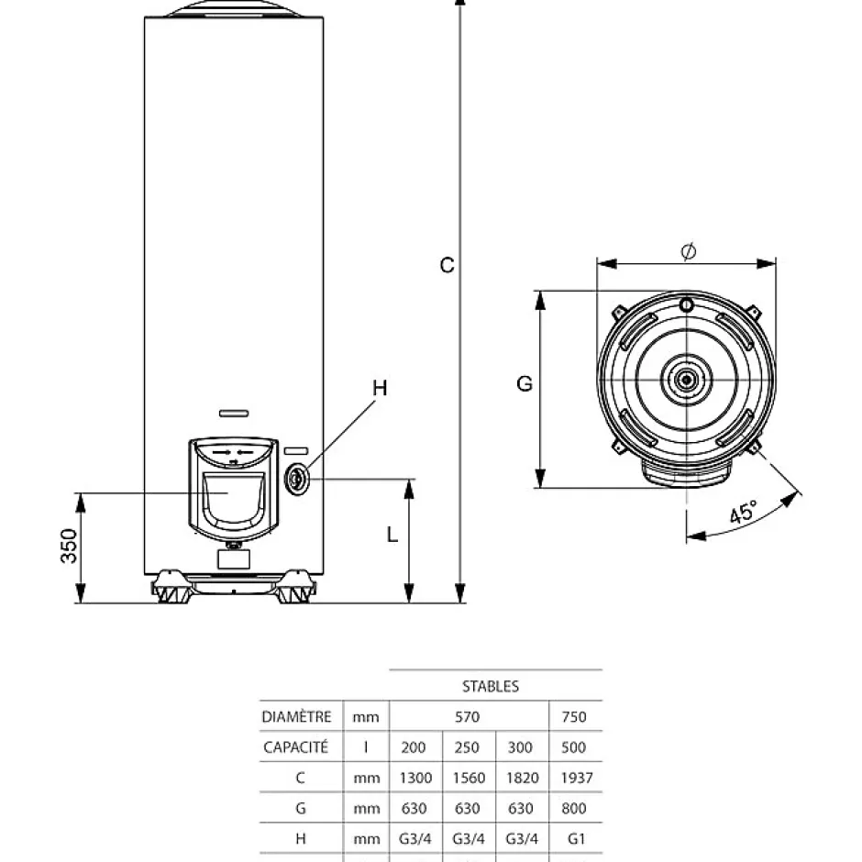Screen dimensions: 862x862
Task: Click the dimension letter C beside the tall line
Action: pyautogui.click(x=447, y=265)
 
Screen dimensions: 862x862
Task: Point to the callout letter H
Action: pyautogui.click(x=380, y=389)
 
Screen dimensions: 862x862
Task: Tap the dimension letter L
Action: pyautogui.click(x=392, y=535)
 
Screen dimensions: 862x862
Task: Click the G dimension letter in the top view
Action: pyautogui.click(x=525, y=384)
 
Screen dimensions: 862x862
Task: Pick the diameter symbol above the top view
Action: pyautogui.click(x=689, y=250)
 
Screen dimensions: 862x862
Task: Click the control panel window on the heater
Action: pyautogui.click(x=232, y=501)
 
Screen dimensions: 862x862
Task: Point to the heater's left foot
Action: pyautogui.click(x=172, y=588)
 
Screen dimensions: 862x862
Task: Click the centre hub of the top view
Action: pyautogui.click(x=687, y=378)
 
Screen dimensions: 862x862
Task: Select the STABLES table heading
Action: pyautogui.click(x=491, y=686)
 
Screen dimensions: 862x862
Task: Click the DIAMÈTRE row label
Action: pyautogui.click(x=296, y=716)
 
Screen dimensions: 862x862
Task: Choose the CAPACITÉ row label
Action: pyautogui.click(x=296, y=746)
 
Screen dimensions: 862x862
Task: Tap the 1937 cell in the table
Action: pyautogui.click(x=575, y=778)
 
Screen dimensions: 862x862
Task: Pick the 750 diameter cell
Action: pyautogui.click(x=574, y=716)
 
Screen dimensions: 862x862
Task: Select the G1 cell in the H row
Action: pyautogui.click(x=576, y=839)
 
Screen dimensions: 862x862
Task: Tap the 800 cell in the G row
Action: pyautogui.click(x=575, y=808)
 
